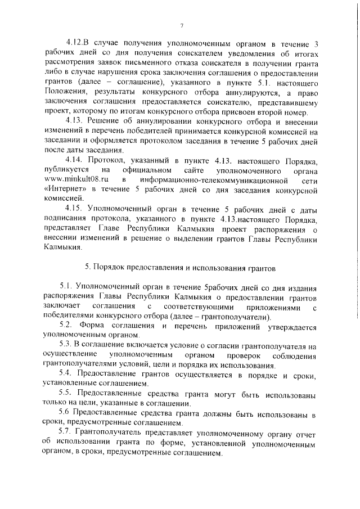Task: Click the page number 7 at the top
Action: coord(182,26)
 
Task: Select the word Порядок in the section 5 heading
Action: coord(111,265)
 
